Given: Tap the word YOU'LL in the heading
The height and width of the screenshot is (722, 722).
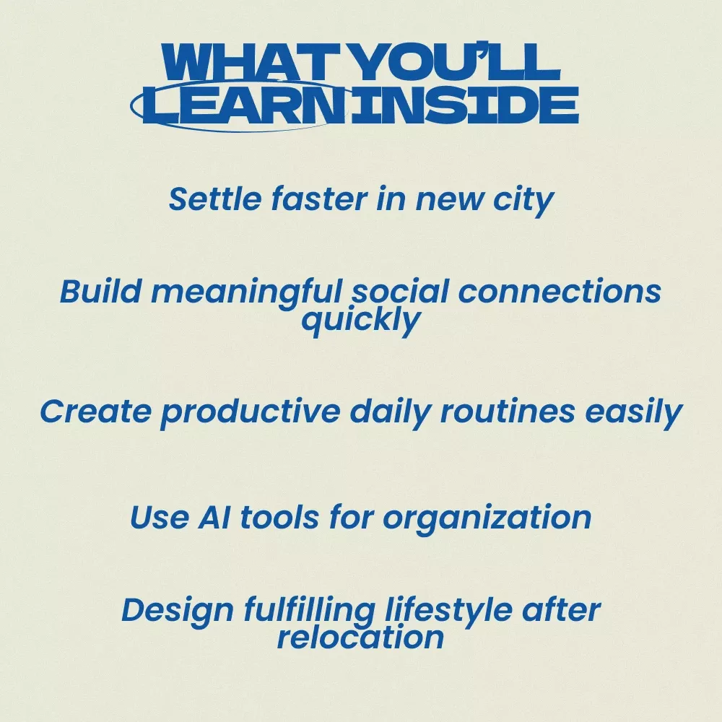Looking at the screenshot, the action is click(x=458, y=62).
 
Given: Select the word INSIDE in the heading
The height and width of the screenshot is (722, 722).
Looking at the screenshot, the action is click(x=464, y=105).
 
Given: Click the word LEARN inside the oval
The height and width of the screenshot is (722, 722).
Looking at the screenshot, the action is click(x=245, y=105).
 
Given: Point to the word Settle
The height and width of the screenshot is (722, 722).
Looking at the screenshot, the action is click(x=215, y=199).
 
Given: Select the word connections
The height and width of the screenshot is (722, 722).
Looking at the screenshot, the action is click(x=560, y=292).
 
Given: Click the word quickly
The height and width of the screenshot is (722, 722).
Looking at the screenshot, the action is click(x=361, y=321).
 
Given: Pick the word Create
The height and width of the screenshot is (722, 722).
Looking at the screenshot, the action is click(x=96, y=411).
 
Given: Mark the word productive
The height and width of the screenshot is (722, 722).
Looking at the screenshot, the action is click(x=251, y=412).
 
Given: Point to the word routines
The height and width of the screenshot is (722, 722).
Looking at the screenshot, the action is click(x=508, y=411).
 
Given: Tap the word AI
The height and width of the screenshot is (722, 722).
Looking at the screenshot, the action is click(x=214, y=517).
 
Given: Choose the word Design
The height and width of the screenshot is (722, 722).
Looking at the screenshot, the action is click(x=178, y=612).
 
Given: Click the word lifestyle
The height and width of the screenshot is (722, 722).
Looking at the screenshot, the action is click(x=448, y=612).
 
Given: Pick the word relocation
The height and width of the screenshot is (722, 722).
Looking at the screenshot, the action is click(x=360, y=638).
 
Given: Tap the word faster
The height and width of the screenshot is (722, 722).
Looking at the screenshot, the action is click(x=319, y=199).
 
